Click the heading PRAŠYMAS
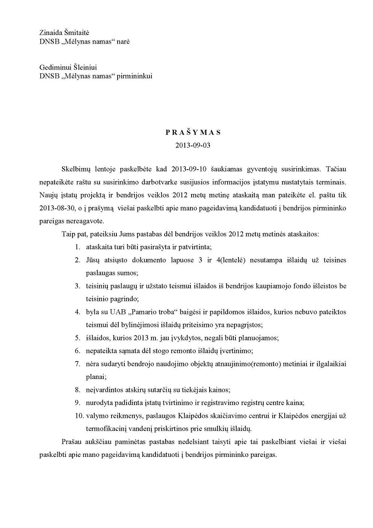tap(193, 132)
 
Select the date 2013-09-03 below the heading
tap(193, 145)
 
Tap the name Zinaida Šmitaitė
tap(64, 33)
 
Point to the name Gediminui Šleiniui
tap(68, 67)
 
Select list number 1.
tap(77, 247)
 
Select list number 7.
tap(77, 364)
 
